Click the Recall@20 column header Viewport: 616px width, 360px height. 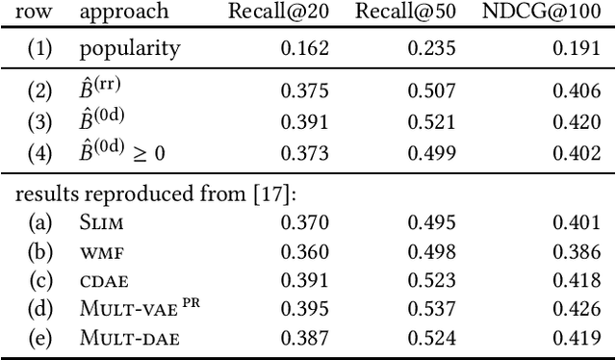pyautogui.click(x=279, y=13)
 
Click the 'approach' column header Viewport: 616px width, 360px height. pyautogui.click(x=125, y=13)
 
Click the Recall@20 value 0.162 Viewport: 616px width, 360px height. pyautogui.click(x=305, y=48)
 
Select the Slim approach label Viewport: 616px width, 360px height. pyautogui.click(x=102, y=221)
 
